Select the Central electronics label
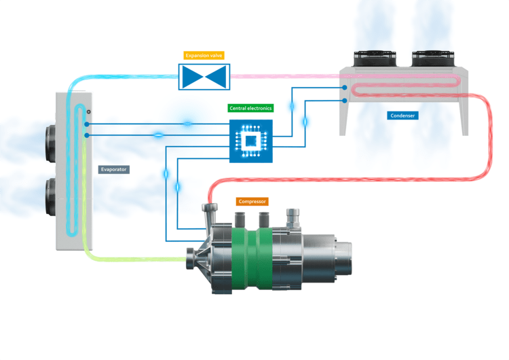pos(250,107)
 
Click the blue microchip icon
pos(250,141)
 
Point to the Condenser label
pos(403,115)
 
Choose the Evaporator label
pos(113,169)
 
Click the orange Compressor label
pos(252,202)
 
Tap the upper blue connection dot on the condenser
pos(345,88)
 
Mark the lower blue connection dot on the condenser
pos(345,101)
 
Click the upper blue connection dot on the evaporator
pos(87,123)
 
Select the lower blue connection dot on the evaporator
pos(87,136)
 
